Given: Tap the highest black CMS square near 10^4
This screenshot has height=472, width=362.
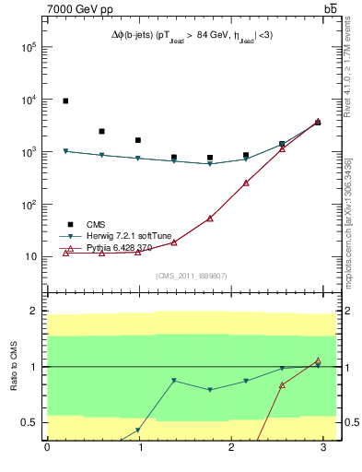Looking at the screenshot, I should [65, 100].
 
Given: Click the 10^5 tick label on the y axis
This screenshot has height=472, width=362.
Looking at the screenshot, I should [29, 48].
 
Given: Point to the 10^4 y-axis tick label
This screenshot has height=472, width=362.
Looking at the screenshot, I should [29, 100].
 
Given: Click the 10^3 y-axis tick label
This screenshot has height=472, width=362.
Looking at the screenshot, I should [29, 152].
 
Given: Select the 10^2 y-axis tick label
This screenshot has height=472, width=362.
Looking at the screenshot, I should [29, 205].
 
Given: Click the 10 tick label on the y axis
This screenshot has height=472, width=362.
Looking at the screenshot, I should [31, 257].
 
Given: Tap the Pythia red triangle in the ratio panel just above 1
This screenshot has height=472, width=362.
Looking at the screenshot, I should [318, 360].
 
